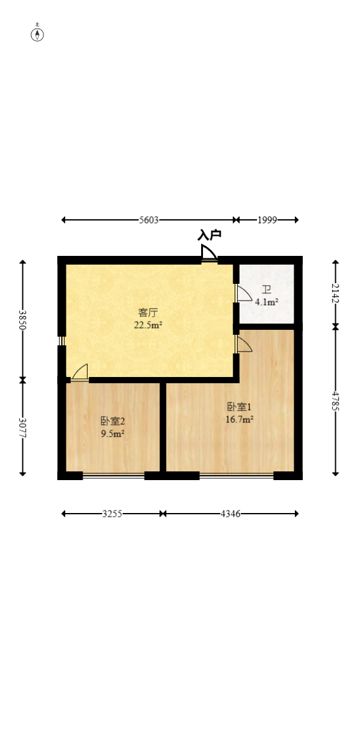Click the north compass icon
tap(38, 34)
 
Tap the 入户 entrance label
tap(209, 235)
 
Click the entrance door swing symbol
tap(209, 253)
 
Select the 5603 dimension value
tap(149, 220)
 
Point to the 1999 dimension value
tap(267, 220)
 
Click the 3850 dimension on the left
tap(23, 320)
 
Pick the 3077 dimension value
tap(23, 428)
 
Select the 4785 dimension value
tap(336, 402)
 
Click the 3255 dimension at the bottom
tap(112, 514)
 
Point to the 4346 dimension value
tap(230, 514)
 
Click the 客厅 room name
tap(148, 312)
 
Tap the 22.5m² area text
tap(148, 324)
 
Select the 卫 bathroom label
tap(266, 290)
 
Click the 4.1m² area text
tap(266, 302)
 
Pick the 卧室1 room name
tap(238, 407)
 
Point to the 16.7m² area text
tap(238, 419)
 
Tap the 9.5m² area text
tap(113, 433)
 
